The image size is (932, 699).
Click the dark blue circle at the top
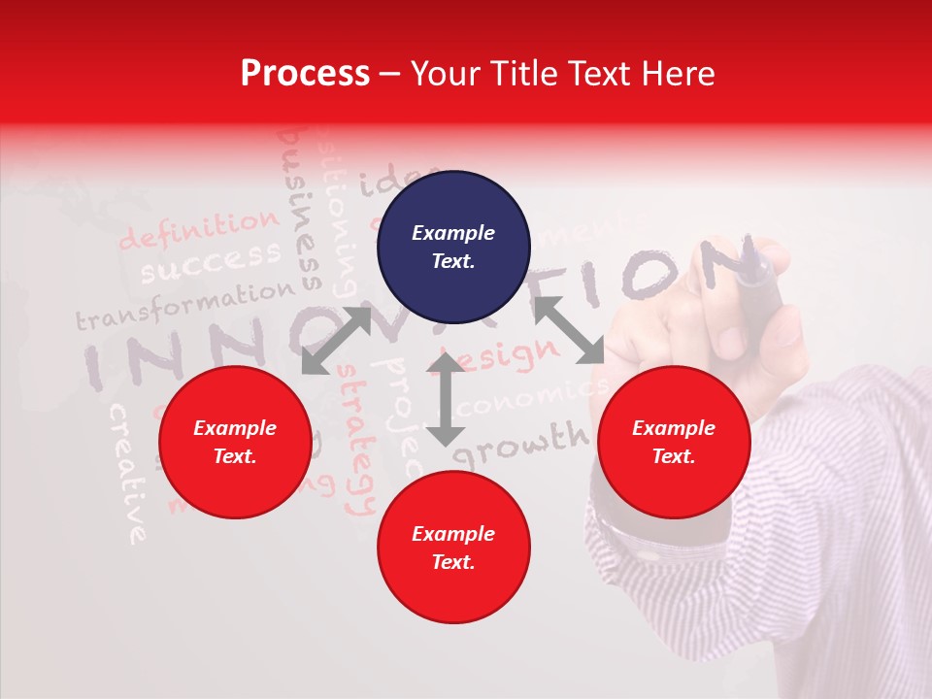pyautogui.click(x=453, y=247)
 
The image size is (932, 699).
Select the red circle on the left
pyautogui.click(x=235, y=442)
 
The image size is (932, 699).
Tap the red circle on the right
pyautogui.click(x=674, y=442)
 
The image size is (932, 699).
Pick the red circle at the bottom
pyautogui.click(x=453, y=548)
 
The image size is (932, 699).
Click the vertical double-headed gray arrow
pyautogui.click(x=446, y=399)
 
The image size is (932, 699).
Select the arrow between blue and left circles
pyautogui.click(x=337, y=339)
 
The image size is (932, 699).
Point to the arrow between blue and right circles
pyautogui.click(x=568, y=330)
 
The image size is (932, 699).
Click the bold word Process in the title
pyautogui.click(x=305, y=73)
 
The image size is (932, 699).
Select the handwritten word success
pyautogui.click(x=210, y=260)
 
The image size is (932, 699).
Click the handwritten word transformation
pyautogui.click(x=184, y=304)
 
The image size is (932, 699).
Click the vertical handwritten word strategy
pyautogui.click(x=356, y=442)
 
